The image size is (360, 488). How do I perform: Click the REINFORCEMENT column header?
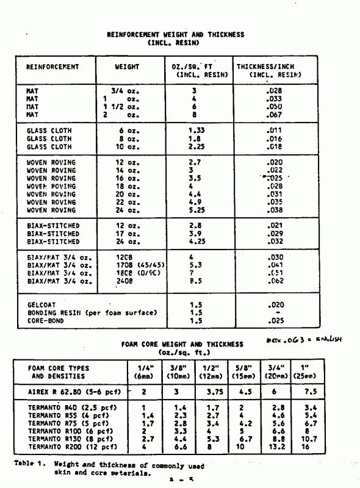click(x=52, y=66)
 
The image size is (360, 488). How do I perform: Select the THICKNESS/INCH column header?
click(x=269, y=66)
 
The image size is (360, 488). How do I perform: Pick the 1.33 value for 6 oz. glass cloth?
click(x=196, y=131)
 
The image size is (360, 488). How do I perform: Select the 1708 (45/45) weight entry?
click(x=137, y=265)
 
